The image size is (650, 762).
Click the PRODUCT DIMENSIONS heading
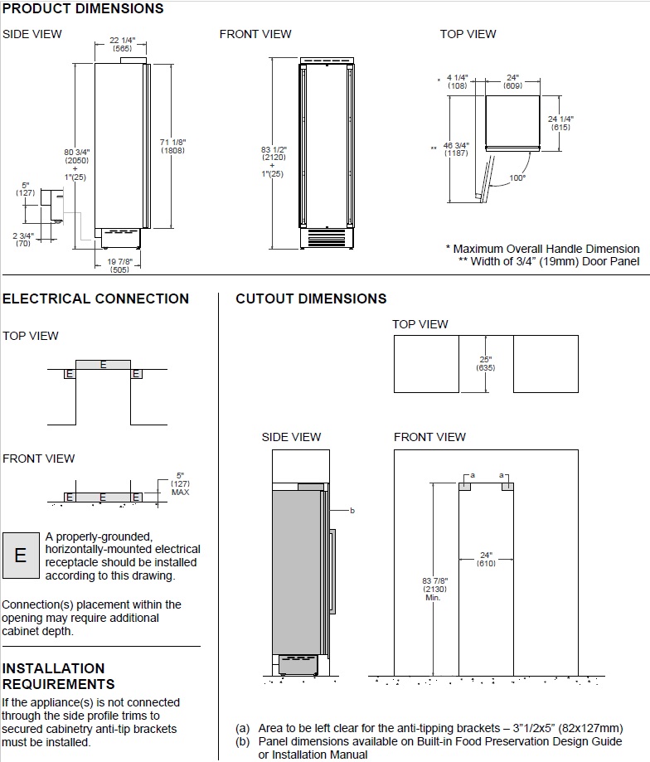[83, 9]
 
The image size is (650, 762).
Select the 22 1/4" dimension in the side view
[123, 44]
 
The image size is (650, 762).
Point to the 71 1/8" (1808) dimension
[172, 146]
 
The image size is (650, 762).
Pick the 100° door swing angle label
[518, 178]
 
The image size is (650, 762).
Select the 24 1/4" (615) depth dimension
[560, 123]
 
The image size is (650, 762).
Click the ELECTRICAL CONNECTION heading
[95, 298]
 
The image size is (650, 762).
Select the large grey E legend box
[21, 556]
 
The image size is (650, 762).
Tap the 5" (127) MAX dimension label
[180, 483]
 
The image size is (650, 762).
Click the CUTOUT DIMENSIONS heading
[311, 298]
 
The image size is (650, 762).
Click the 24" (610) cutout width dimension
[486, 560]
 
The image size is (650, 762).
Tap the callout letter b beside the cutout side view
[352, 511]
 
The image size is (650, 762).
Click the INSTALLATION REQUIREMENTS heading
[59, 676]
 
